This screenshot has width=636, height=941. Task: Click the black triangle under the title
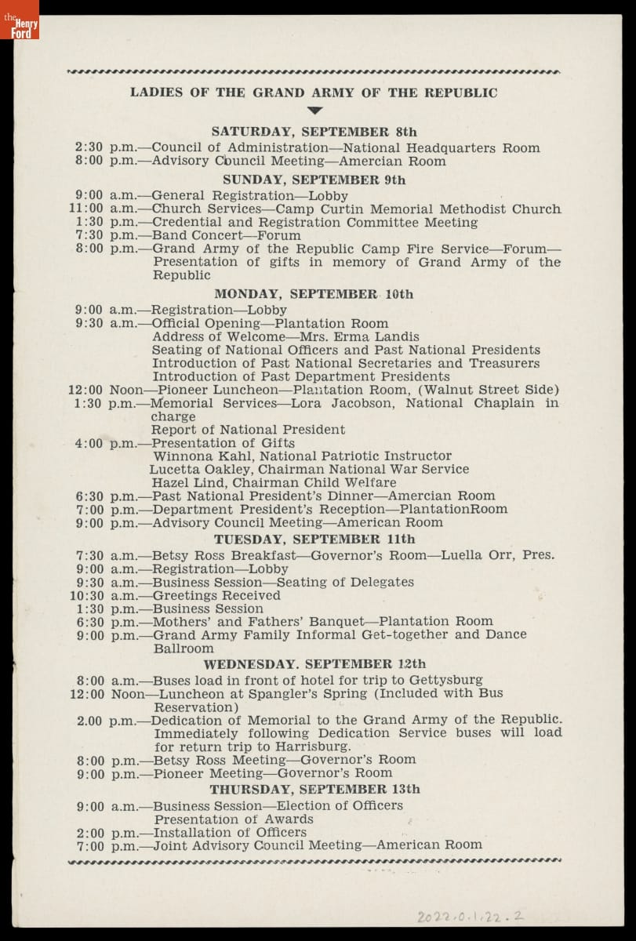pyautogui.click(x=314, y=111)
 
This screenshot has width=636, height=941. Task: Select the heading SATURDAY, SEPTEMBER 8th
pyautogui.click(x=314, y=132)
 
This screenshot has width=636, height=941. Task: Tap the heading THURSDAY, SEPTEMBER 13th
pyautogui.click(x=314, y=789)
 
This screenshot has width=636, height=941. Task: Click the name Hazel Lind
pyautogui.click(x=184, y=482)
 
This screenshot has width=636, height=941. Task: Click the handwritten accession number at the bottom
pyautogui.click(x=471, y=915)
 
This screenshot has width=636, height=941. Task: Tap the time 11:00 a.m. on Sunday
pyautogui.click(x=102, y=209)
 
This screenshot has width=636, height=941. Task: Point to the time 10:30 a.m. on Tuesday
pyautogui.click(x=102, y=595)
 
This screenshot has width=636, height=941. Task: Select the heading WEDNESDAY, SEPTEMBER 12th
pyautogui.click(x=314, y=663)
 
